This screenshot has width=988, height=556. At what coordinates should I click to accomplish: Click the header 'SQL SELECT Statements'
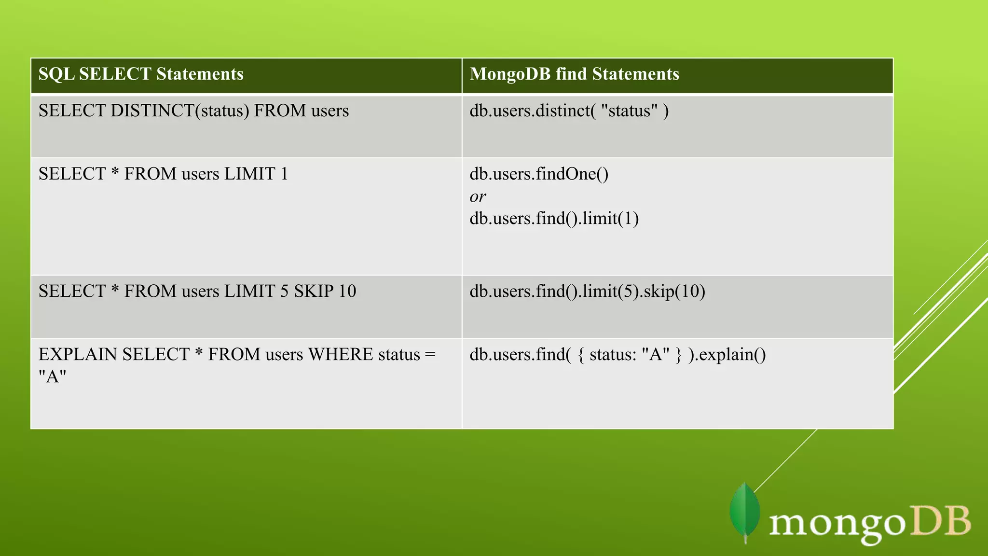tap(141, 74)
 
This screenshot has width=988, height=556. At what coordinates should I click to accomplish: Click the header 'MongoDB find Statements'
tap(574, 74)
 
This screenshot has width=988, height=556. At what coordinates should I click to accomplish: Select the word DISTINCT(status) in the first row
tap(179, 111)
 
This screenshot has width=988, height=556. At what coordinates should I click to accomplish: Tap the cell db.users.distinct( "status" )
tap(569, 111)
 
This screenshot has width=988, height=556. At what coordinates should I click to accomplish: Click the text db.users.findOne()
tap(539, 174)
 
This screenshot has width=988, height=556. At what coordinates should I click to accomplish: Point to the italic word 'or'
tap(478, 196)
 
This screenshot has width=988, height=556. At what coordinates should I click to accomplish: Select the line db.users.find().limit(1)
tap(554, 219)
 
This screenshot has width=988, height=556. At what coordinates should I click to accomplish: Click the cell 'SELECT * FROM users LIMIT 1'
tap(163, 174)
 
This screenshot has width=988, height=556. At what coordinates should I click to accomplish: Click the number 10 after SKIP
tap(347, 291)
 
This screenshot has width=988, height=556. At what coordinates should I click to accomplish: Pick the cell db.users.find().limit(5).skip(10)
tap(587, 291)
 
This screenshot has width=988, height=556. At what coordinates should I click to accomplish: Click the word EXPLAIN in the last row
tap(78, 354)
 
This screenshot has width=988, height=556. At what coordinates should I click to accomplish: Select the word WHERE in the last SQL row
tap(341, 354)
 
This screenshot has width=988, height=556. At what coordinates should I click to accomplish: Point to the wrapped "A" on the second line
tap(52, 376)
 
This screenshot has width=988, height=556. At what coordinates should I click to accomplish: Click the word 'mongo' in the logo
tap(837, 524)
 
